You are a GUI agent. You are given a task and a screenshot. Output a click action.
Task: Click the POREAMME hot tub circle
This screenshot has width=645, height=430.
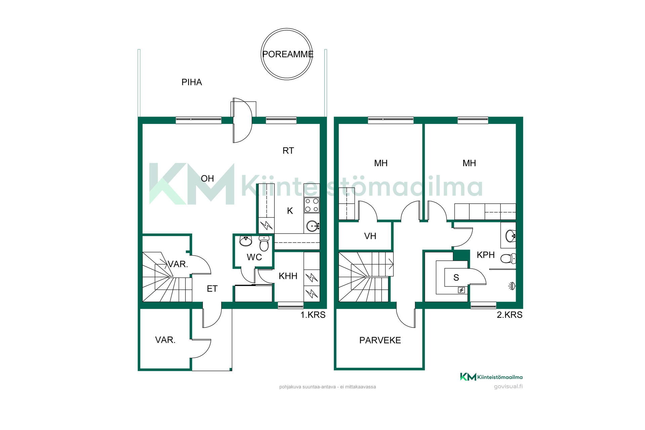287,29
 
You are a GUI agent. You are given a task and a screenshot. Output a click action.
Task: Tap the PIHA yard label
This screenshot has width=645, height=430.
191,82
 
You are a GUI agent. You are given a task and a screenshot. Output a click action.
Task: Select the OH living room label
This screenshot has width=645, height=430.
207,178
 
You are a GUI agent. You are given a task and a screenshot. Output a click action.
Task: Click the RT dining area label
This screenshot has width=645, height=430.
288,151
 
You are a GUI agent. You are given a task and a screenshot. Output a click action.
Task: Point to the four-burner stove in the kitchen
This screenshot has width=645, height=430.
312,205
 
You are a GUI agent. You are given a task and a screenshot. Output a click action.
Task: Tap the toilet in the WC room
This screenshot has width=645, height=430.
264,243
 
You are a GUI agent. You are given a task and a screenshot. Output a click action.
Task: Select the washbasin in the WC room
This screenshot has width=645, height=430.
246,241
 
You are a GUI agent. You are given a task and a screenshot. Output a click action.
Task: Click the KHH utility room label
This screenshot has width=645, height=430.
288,276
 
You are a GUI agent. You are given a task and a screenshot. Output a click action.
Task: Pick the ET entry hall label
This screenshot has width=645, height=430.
212,289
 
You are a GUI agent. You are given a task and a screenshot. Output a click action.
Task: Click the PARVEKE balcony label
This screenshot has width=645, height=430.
380,340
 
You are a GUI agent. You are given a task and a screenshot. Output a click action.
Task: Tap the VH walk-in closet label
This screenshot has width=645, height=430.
370,236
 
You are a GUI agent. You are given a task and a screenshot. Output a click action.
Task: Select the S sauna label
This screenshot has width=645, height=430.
456,277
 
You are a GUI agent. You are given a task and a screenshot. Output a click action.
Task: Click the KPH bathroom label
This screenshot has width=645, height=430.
486,255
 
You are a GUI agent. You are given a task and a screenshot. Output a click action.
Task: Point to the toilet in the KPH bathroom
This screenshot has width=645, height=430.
508,258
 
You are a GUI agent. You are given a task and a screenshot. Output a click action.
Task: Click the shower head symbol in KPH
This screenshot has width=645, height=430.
512,286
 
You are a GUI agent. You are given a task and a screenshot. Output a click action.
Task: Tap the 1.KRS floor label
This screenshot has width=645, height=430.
313,315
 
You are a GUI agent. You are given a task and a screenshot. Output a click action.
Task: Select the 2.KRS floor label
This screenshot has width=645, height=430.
510,315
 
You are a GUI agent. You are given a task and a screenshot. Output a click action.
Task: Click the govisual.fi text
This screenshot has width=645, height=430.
508,386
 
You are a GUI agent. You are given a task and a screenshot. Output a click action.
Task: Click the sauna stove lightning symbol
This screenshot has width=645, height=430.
462,290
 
